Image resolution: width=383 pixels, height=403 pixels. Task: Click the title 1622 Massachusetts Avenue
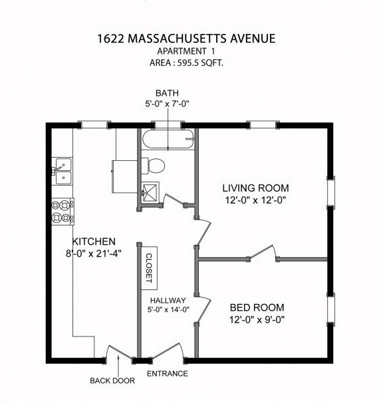[185, 39]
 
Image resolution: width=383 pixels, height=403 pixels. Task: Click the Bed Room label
[257, 307]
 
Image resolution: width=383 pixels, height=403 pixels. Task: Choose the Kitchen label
[94, 241]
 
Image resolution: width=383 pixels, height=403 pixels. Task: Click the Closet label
[149, 269]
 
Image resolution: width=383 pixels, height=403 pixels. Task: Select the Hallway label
[168, 300]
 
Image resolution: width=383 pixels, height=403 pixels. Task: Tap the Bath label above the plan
[167, 93]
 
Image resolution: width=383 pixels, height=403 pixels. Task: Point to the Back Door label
[112, 381]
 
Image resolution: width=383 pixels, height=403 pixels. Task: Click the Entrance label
[167, 373]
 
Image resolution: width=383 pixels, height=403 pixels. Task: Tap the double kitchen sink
[63, 171]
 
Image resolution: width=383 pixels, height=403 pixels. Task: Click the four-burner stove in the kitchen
[63, 211]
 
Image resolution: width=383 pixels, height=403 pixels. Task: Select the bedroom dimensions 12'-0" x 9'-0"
[257, 320]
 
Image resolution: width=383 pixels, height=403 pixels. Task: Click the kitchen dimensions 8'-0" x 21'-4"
[94, 253]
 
